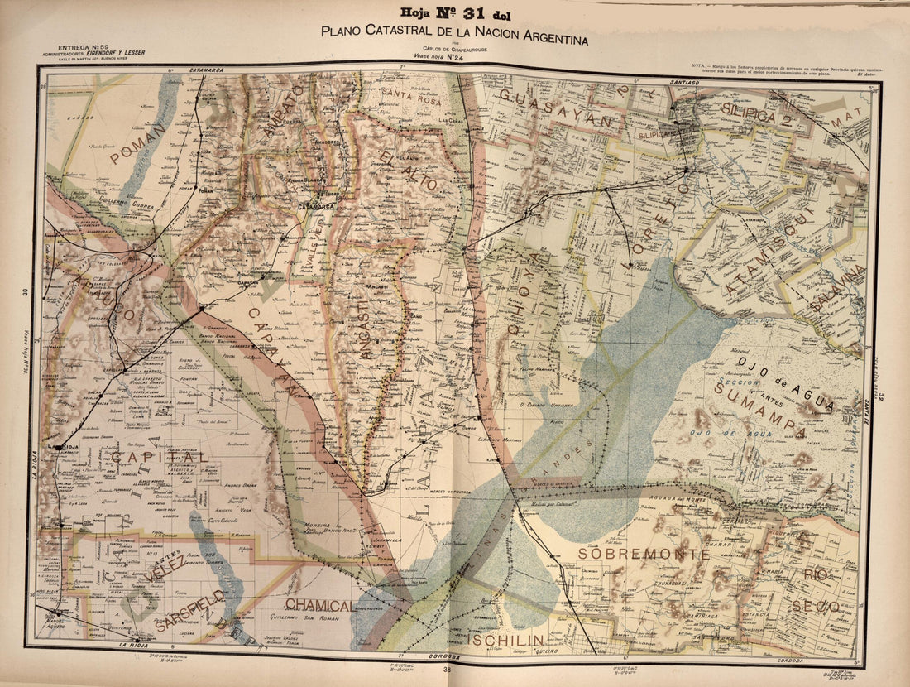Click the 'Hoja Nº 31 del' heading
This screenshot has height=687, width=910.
point(454,13)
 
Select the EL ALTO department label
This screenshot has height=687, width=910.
point(401,170)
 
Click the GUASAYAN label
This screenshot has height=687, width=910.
point(561,111)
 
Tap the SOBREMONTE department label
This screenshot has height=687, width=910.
point(643,553)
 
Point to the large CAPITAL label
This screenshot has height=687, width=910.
point(157,457)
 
